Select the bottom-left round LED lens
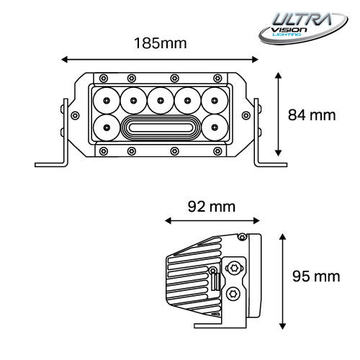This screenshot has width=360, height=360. point(106,128)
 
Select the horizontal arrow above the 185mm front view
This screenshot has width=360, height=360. point(160,58)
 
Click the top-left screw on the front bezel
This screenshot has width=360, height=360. point(104,77)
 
